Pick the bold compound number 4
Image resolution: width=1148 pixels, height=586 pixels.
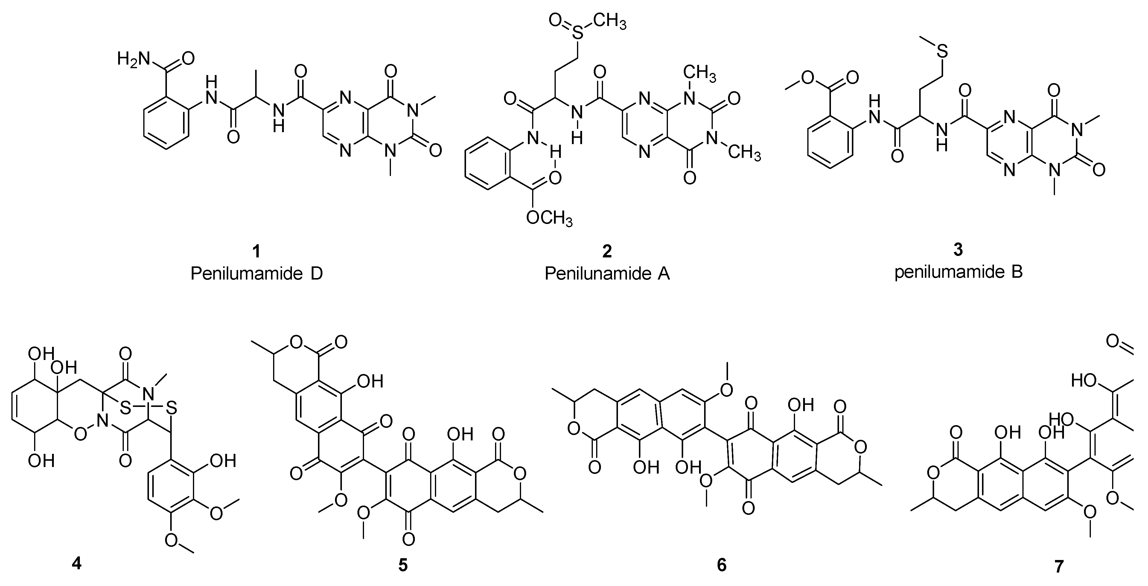tap(77, 564)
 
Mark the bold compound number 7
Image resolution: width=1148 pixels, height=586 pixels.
tap(1059, 566)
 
